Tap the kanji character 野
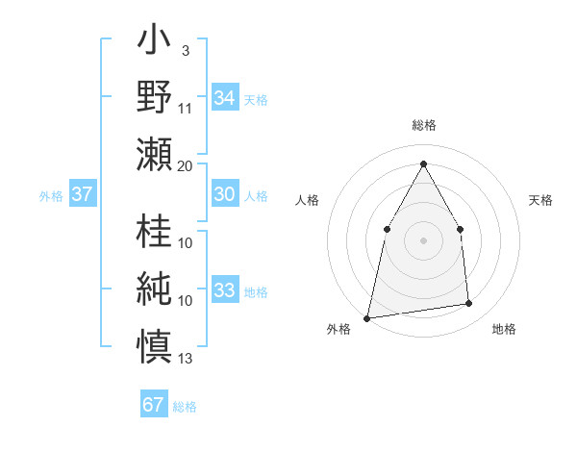pyautogui.click(x=154, y=97)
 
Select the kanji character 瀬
pyautogui.click(x=154, y=153)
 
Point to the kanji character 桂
pyautogui.click(x=154, y=231)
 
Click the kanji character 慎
pyautogui.click(x=154, y=343)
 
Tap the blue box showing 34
pyautogui.click(x=224, y=98)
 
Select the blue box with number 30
pyautogui.click(x=224, y=194)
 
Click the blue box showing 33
pyautogui.click(x=224, y=290)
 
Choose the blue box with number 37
pyautogui.click(x=82, y=194)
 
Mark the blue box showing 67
pyautogui.click(x=154, y=405)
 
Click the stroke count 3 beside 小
pyautogui.click(x=185, y=50)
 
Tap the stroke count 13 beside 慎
pyautogui.click(x=186, y=360)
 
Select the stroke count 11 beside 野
pyautogui.click(x=186, y=108)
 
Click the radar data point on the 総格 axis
pyautogui.click(x=423, y=163)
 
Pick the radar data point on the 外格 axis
pyautogui.click(x=366, y=317)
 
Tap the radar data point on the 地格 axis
pyautogui.click(x=469, y=304)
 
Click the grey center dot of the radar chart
pyautogui.click(x=423, y=239)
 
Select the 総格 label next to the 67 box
pyautogui.click(x=185, y=407)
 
